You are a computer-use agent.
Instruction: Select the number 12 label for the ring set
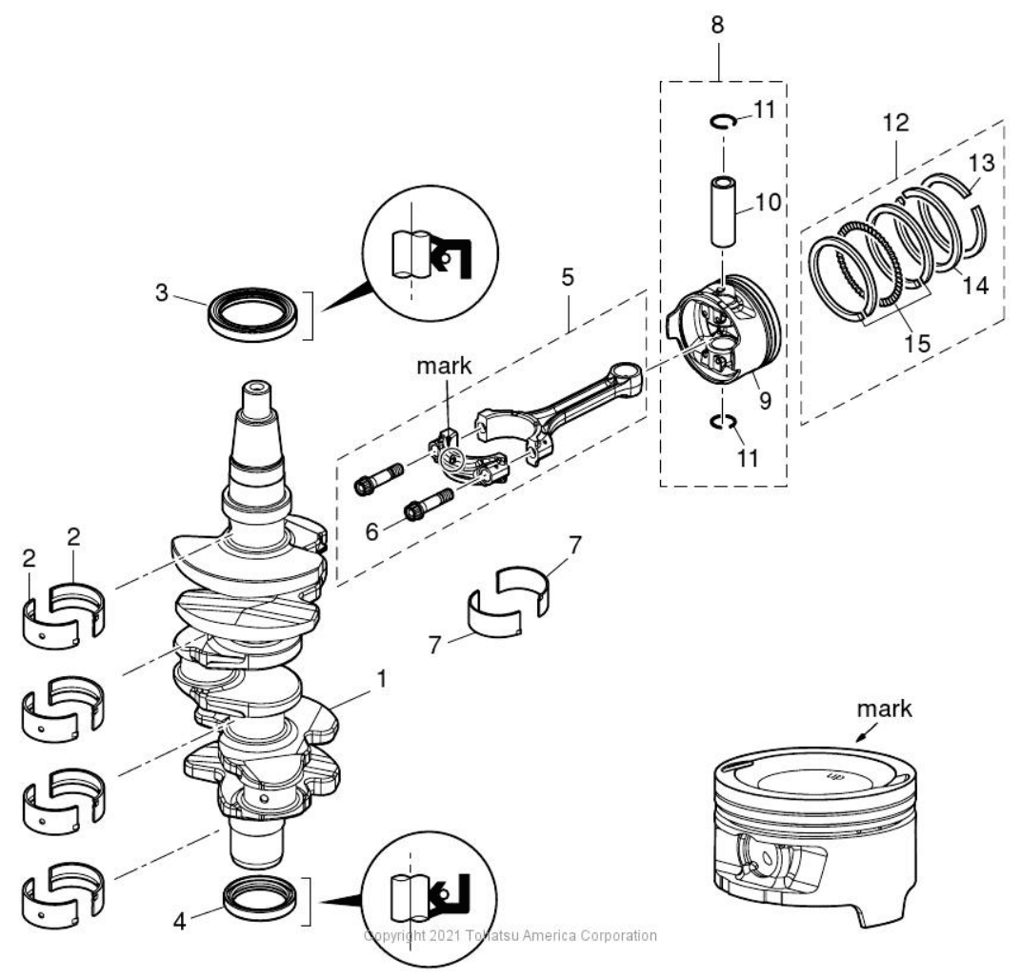coord(895,122)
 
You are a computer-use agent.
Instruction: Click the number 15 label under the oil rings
coord(916,343)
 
